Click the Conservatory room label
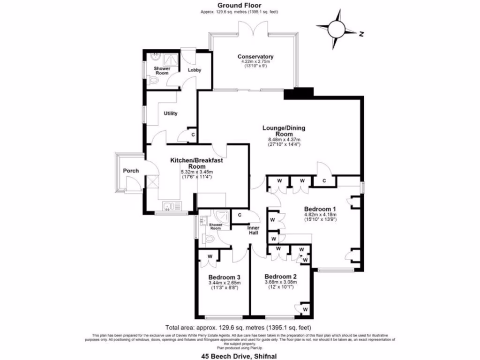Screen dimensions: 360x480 click(x=255, y=57)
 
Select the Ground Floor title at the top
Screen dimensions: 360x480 click(x=239, y=6)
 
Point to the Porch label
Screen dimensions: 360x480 click(x=131, y=171)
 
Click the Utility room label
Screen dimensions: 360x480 click(x=170, y=113)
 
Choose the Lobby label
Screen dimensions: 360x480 click(x=195, y=70)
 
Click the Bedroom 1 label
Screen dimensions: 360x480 click(x=320, y=209)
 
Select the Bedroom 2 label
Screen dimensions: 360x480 click(x=280, y=276)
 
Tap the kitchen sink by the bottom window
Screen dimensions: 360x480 click(x=168, y=206)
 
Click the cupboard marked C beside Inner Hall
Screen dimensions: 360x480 click(x=239, y=215)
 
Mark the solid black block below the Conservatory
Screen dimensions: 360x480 click(x=294, y=93)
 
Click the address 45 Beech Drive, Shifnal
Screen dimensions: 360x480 click(x=239, y=356)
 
